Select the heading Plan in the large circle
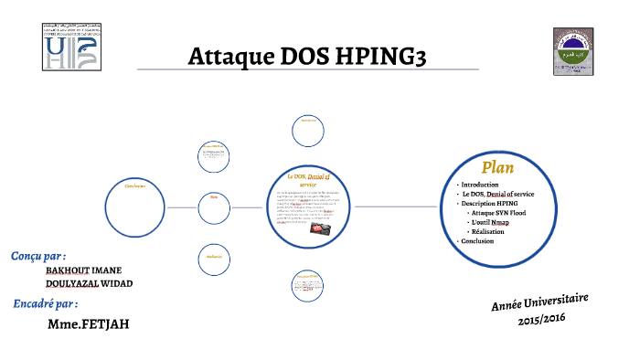pos(497,167)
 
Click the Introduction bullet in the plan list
pos(482,185)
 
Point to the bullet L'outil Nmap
pos(492,222)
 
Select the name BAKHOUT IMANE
pos(83,270)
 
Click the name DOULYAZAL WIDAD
pos(89,283)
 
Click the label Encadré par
pos(45,303)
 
